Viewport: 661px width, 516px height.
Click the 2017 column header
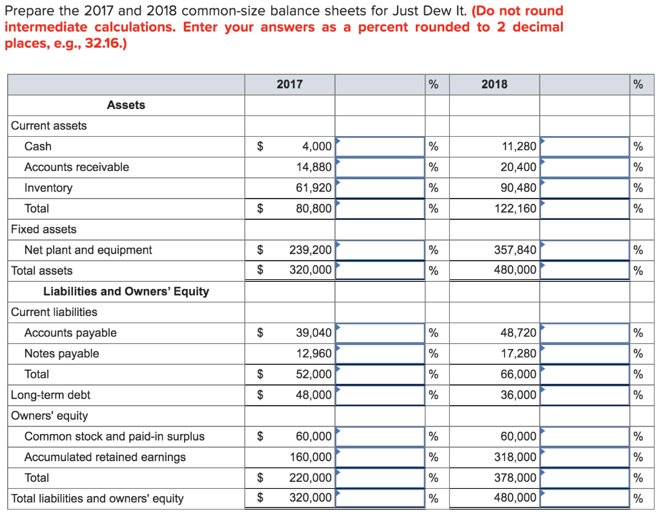point(289,84)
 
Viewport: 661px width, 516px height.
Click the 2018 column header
point(494,84)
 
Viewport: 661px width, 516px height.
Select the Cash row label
point(38,146)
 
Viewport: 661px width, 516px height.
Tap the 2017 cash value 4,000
point(317,146)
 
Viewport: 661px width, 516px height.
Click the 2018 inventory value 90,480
point(519,188)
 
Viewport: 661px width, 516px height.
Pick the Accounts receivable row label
point(76,167)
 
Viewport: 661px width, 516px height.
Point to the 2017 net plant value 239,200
point(310,250)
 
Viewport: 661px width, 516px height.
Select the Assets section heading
point(126,105)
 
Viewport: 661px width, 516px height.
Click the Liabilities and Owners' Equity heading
point(126,292)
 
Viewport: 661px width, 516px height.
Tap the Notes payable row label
point(61,353)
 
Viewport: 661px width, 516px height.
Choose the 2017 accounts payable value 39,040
point(314,333)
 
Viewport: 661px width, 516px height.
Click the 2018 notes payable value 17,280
point(519,353)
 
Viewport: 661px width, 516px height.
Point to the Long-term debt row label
point(50,395)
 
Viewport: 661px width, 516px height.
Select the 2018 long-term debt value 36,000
point(519,395)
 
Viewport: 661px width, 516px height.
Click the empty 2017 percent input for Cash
point(380,146)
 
